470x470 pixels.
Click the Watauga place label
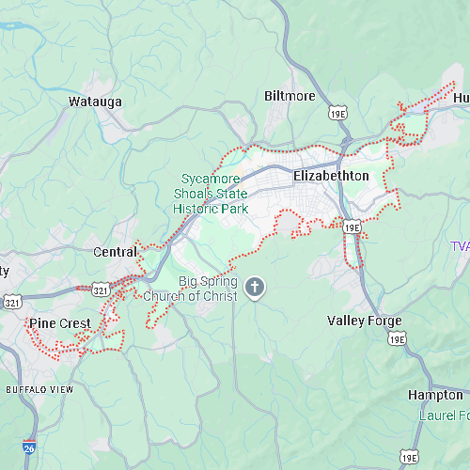point(96,102)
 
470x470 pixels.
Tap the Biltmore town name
point(290,97)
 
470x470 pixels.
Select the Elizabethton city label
point(331,176)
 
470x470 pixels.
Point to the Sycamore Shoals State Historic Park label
point(211,193)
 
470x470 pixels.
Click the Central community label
point(115,252)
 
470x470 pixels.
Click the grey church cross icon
point(253,288)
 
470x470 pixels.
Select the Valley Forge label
point(364,321)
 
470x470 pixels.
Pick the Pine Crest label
point(60,323)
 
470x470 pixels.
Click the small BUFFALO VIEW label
point(39,389)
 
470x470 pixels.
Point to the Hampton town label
point(435,395)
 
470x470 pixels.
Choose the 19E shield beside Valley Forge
point(397,338)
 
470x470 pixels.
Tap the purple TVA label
point(459,246)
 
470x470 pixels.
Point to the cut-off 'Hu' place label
point(461,98)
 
